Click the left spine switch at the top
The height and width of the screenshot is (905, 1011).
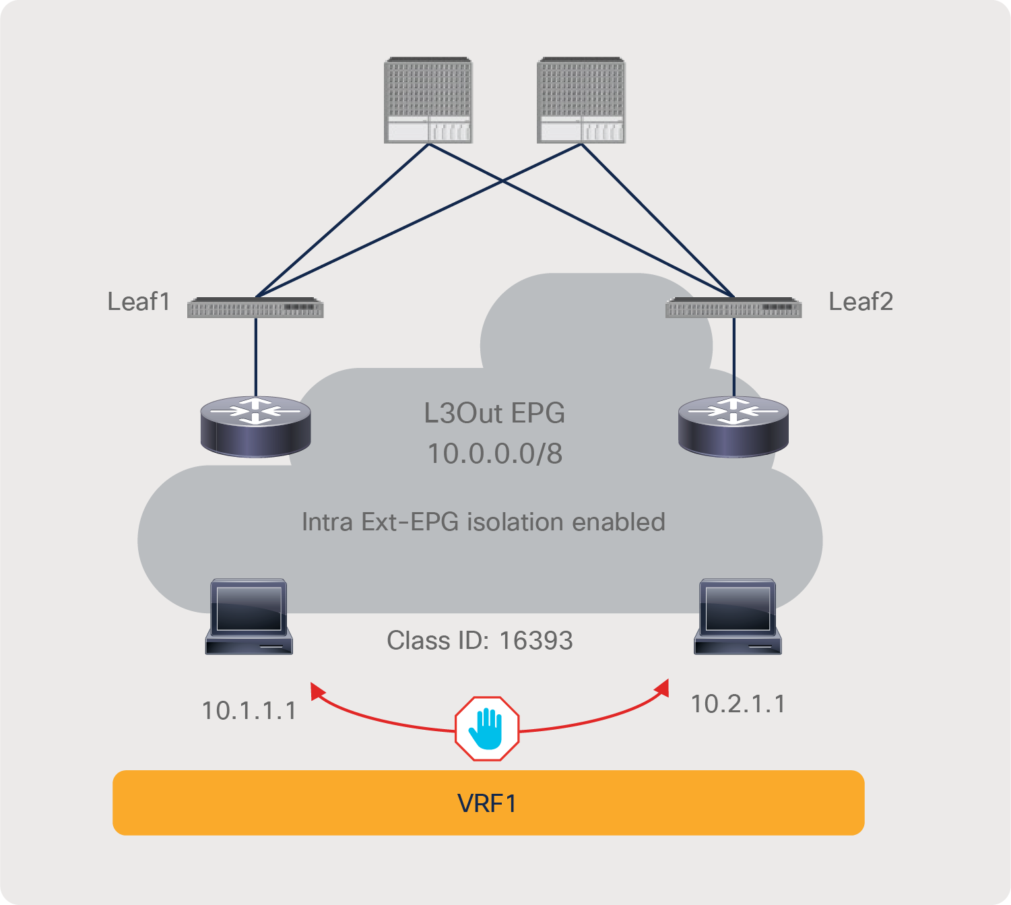[428, 100]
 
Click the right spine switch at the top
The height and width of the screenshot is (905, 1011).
[581, 100]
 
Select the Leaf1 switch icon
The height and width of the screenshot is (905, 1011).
[255, 307]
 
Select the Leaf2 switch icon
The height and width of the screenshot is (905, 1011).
[733, 307]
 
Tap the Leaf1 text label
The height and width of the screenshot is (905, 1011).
[139, 301]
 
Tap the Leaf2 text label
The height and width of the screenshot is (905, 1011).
[861, 301]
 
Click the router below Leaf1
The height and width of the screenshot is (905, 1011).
[256, 426]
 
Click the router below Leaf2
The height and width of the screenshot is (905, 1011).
[733, 426]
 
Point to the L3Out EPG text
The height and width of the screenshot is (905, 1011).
[494, 413]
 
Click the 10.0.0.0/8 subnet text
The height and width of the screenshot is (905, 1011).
[495, 454]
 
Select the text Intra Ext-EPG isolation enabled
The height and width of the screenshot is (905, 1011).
[483, 522]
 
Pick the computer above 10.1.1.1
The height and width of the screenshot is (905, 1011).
[249, 616]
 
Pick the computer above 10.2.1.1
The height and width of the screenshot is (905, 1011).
[738, 616]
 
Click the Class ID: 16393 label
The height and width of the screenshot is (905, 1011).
[480, 640]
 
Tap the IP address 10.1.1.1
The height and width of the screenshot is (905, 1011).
[249, 710]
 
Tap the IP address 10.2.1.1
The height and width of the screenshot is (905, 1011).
[738, 704]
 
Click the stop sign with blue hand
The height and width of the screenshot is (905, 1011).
[487, 729]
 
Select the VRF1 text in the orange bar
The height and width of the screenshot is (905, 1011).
[487, 803]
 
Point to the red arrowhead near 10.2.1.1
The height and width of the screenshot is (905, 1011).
[663, 688]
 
